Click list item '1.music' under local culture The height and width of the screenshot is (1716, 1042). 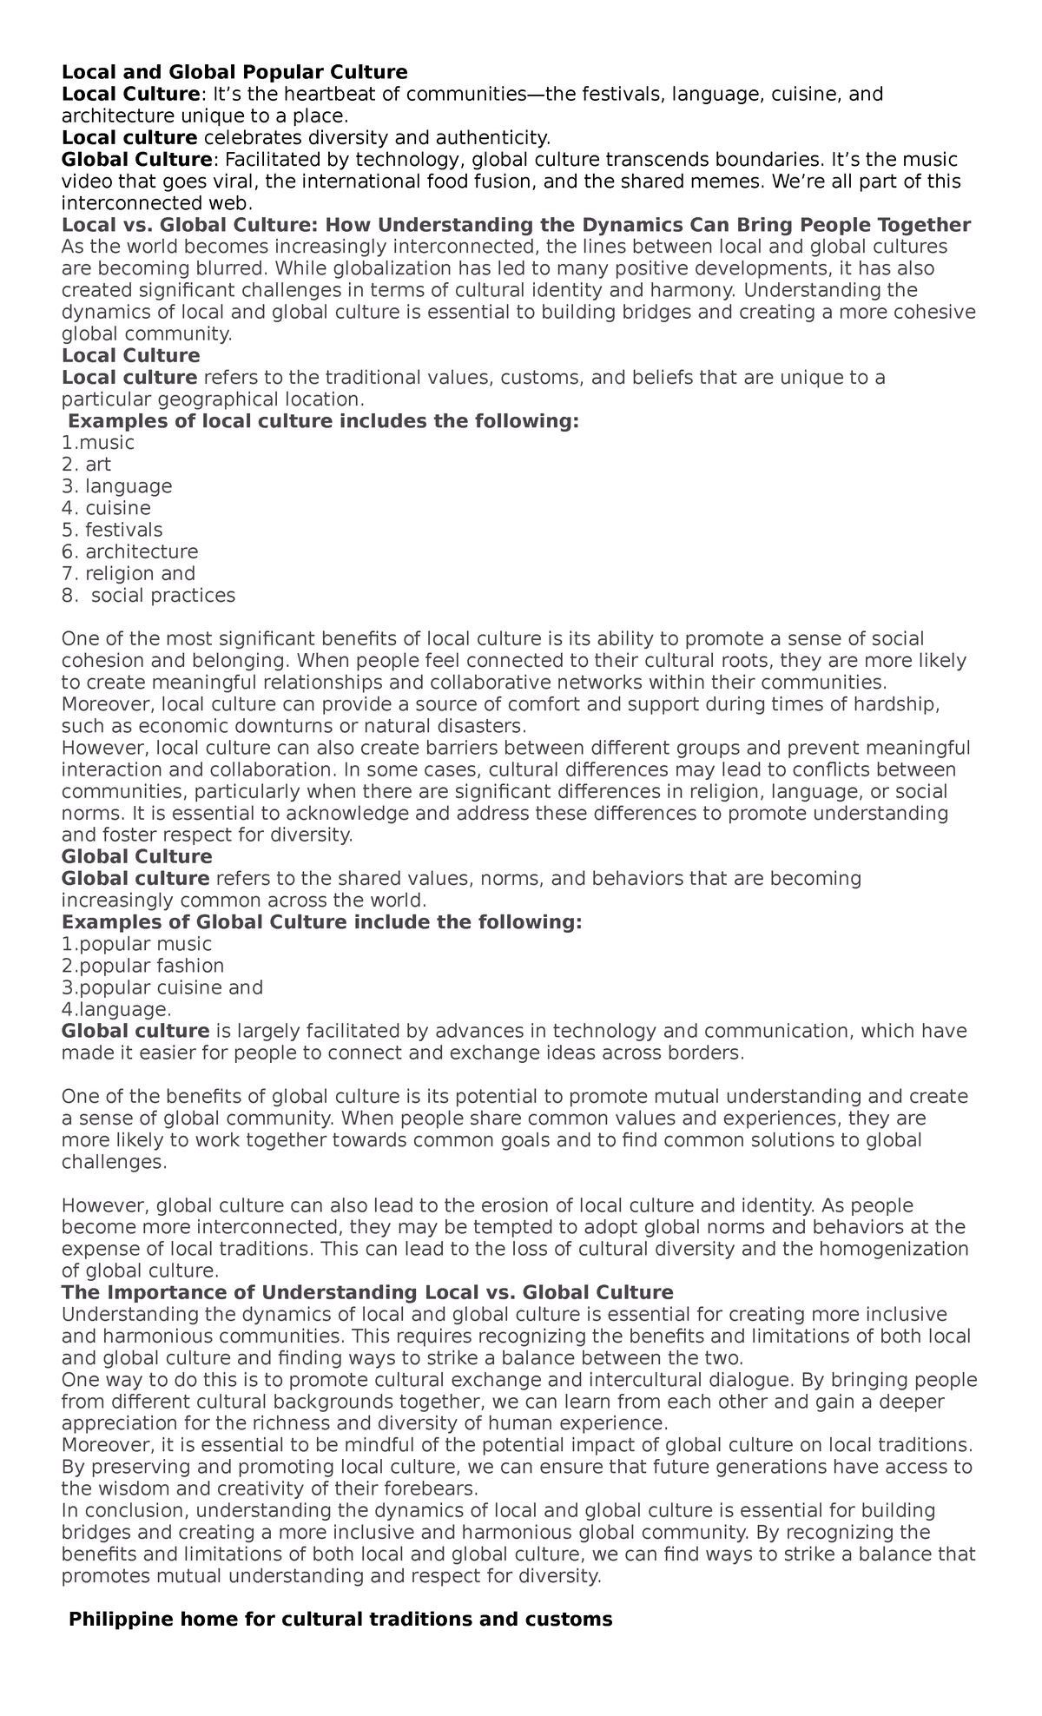[98, 443]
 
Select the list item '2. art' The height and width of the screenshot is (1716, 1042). [86, 465]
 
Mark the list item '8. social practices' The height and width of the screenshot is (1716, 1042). [148, 596]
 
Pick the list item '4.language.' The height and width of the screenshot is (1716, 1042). [116, 1009]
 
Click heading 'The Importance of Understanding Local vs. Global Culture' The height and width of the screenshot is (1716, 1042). [367, 1292]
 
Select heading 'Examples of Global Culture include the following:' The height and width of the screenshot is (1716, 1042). [321, 921]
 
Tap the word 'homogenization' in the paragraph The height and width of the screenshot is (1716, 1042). [900, 1249]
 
